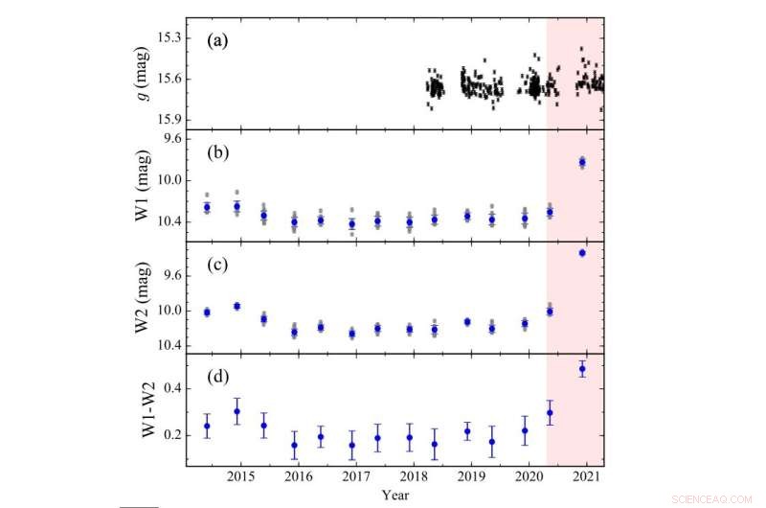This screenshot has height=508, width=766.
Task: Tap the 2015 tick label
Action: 239,476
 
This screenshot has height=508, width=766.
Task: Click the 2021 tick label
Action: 585,476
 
